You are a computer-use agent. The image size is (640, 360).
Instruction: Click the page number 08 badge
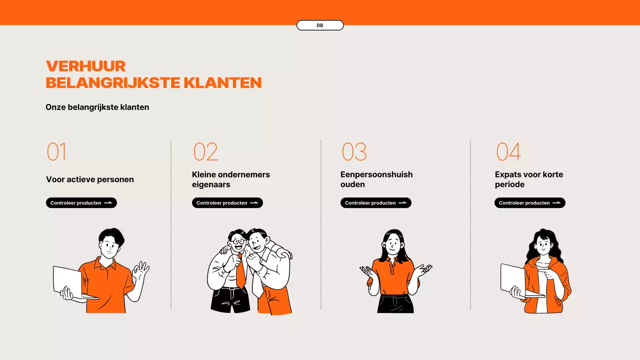click(320, 25)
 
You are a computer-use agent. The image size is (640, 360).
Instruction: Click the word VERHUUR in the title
click(85, 66)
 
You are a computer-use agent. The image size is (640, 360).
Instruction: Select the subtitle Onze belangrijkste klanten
click(97, 107)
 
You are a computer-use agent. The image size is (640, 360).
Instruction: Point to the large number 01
click(56, 152)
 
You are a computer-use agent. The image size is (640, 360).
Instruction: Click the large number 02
click(205, 152)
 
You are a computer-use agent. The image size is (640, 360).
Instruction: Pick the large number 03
click(354, 152)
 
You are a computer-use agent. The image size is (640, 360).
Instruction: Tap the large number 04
click(508, 152)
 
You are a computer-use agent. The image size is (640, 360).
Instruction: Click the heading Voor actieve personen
click(90, 179)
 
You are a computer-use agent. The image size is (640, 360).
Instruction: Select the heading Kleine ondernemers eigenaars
click(231, 179)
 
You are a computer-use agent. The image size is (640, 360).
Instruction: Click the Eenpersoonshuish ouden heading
click(376, 179)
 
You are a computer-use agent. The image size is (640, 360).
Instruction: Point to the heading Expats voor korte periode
click(529, 179)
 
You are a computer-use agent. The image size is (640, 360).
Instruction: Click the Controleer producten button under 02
click(227, 203)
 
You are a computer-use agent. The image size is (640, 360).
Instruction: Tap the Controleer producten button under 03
click(376, 203)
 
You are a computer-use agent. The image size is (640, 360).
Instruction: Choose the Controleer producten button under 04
click(530, 203)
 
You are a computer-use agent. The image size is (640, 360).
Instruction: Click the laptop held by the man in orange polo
click(68, 280)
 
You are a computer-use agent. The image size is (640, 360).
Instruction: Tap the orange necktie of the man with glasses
click(240, 272)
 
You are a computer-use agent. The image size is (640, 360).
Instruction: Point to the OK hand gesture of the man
click(141, 270)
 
